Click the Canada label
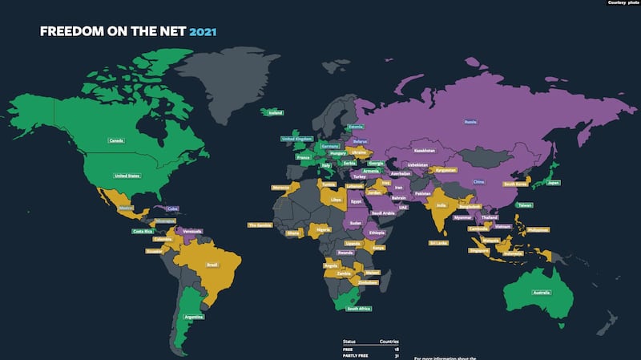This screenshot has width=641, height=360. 116,140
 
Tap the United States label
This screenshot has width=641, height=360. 127,175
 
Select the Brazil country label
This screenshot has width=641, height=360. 212,264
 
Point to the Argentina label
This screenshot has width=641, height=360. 195,318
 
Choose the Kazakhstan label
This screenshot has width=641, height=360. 424,150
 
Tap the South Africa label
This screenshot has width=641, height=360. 358,308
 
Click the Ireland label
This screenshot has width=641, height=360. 276,113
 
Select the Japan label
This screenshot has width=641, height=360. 553,182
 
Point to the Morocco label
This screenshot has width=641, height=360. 281,188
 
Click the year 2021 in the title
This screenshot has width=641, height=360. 203,32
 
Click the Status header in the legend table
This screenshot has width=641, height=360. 350,342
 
